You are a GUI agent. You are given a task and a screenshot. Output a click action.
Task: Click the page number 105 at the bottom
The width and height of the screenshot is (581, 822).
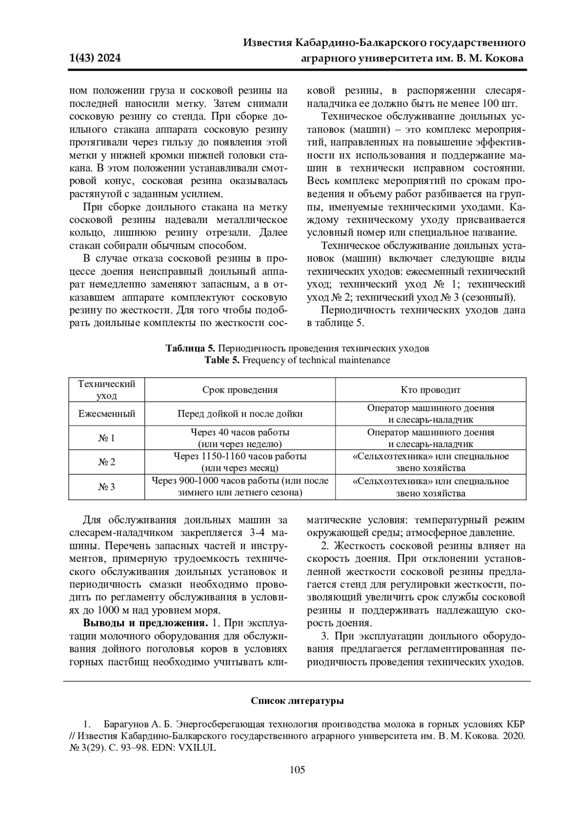(297, 769)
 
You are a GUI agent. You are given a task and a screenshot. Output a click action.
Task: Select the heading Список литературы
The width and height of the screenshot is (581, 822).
(297, 700)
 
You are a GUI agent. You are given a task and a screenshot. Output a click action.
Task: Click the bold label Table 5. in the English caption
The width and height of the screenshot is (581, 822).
(222, 360)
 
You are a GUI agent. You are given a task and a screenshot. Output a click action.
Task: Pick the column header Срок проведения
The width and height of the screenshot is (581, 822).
(240, 390)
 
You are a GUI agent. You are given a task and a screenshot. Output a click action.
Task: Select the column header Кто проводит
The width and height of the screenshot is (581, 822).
(430, 390)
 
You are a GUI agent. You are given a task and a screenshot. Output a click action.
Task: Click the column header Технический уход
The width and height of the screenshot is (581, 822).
(107, 390)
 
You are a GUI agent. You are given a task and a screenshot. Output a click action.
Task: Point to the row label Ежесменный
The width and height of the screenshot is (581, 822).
(107, 414)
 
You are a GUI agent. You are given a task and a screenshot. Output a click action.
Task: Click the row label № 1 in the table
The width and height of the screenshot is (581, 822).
(107, 438)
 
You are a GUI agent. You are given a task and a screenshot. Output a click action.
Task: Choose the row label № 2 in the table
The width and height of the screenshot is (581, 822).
(107, 462)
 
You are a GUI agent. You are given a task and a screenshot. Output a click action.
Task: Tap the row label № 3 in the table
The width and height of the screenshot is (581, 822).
(107, 487)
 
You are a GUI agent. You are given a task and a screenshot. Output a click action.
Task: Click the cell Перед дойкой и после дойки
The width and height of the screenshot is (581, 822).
(240, 414)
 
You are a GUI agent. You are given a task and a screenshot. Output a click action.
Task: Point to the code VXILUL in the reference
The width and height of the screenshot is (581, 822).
(197, 747)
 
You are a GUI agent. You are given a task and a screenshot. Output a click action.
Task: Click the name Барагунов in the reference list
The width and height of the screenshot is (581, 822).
(124, 724)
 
